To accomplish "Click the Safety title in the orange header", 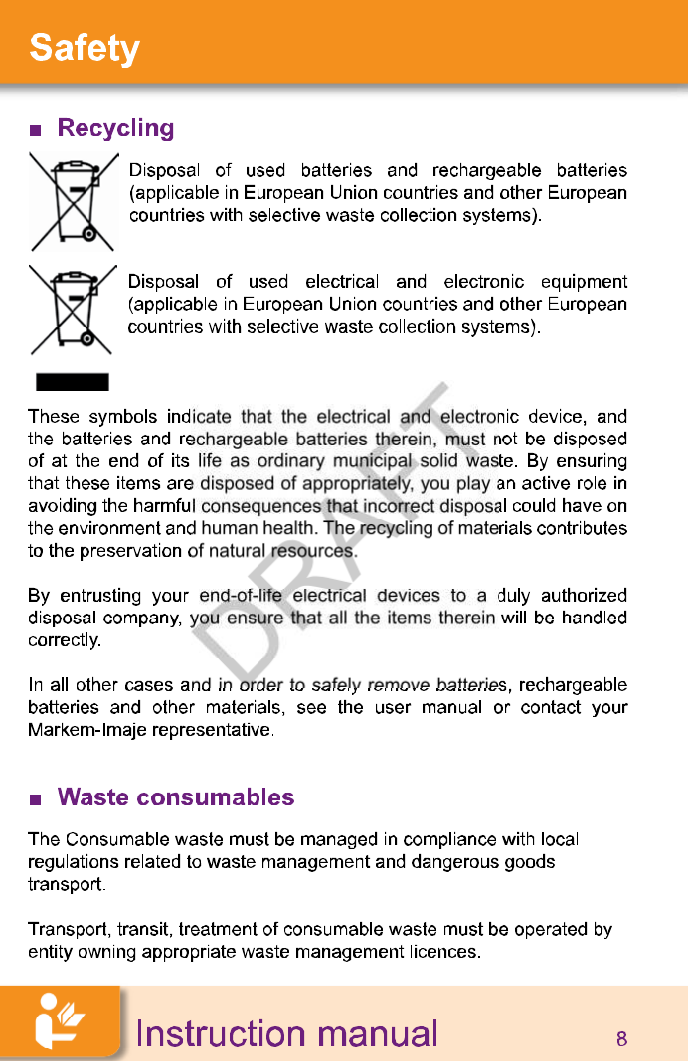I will (x=85, y=48).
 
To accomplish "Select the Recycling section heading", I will (x=115, y=128).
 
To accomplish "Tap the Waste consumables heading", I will (x=176, y=797).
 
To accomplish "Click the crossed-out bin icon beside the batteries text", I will (x=73, y=201).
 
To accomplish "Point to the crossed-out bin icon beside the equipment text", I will (x=73, y=310).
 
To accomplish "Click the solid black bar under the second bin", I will (x=73, y=382).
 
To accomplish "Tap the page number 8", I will (x=621, y=1040).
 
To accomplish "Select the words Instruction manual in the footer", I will (x=286, y=1034).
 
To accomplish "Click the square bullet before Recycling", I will (x=36, y=130).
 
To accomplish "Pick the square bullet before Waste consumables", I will (x=36, y=799).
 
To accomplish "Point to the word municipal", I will (x=371, y=461).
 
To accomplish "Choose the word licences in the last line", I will (x=442, y=953).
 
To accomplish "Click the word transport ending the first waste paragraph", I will (x=64, y=883).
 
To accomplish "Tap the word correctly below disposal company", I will (x=63, y=640).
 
